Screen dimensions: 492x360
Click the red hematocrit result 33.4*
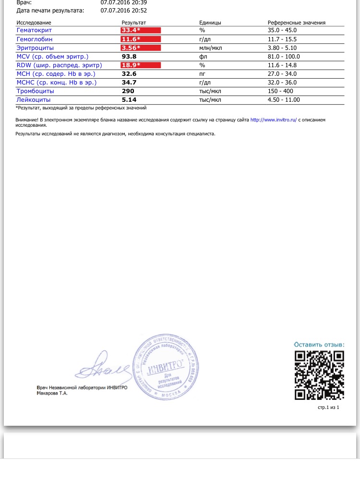[131, 30]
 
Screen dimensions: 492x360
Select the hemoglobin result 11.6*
[131, 39]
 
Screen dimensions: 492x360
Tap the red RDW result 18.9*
[131, 65]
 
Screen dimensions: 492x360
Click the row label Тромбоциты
[35, 91]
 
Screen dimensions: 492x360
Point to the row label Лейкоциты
[34, 99]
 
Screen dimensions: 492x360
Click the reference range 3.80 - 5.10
[282, 48]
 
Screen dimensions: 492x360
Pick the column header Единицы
[210, 23]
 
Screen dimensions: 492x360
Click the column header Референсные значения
[297, 23]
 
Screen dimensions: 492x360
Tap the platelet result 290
[128, 91]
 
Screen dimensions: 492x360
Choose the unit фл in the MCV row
[203, 56]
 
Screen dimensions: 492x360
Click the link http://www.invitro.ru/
[274, 120]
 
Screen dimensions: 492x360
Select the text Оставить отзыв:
[319, 345]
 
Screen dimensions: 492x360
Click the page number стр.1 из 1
[328, 407]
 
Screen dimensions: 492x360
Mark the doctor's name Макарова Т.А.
[52, 393]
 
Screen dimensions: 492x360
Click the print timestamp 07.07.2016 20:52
[124, 10]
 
